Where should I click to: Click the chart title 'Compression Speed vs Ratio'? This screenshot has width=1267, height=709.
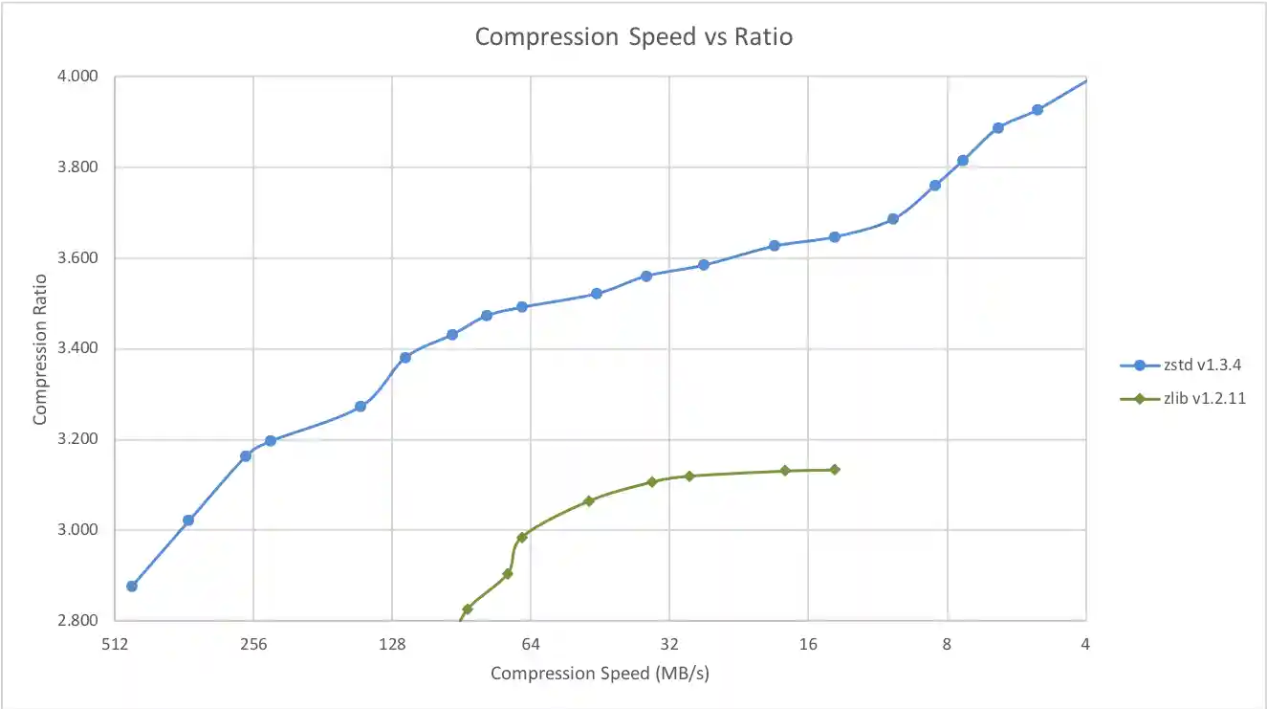click(x=634, y=37)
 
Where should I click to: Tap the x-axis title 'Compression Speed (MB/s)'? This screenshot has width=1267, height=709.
click(x=600, y=674)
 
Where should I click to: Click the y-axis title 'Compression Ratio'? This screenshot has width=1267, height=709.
click(x=40, y=349)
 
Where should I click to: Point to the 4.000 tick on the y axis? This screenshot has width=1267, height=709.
click(x=80, y=77)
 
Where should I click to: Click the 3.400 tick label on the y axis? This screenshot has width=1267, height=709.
click(x=80, y=349)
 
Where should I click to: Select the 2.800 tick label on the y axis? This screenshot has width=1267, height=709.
click(x=80, y=621)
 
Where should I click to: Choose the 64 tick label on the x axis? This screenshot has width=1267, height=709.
click(x=531, y=644)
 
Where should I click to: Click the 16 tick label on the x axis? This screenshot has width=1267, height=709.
click(x=808, y=644)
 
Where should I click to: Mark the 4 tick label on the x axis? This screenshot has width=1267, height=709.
click(x=1085, y=644)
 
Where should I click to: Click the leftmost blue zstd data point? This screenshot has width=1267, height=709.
click(x=132, y=586)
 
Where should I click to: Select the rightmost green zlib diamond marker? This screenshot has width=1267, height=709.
click(x=834, y=470)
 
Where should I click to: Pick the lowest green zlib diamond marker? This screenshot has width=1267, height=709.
click(x=468, y=609)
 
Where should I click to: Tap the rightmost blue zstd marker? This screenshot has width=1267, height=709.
click(x=1038, y=110)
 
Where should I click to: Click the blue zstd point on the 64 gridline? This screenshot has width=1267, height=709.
click(x=522, y=307)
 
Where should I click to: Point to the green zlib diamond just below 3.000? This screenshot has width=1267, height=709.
click(x=522, y=538)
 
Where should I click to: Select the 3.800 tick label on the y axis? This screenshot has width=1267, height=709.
click(x=80, y=167)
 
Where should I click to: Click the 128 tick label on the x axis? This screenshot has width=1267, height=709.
click(x=392, y=644)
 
